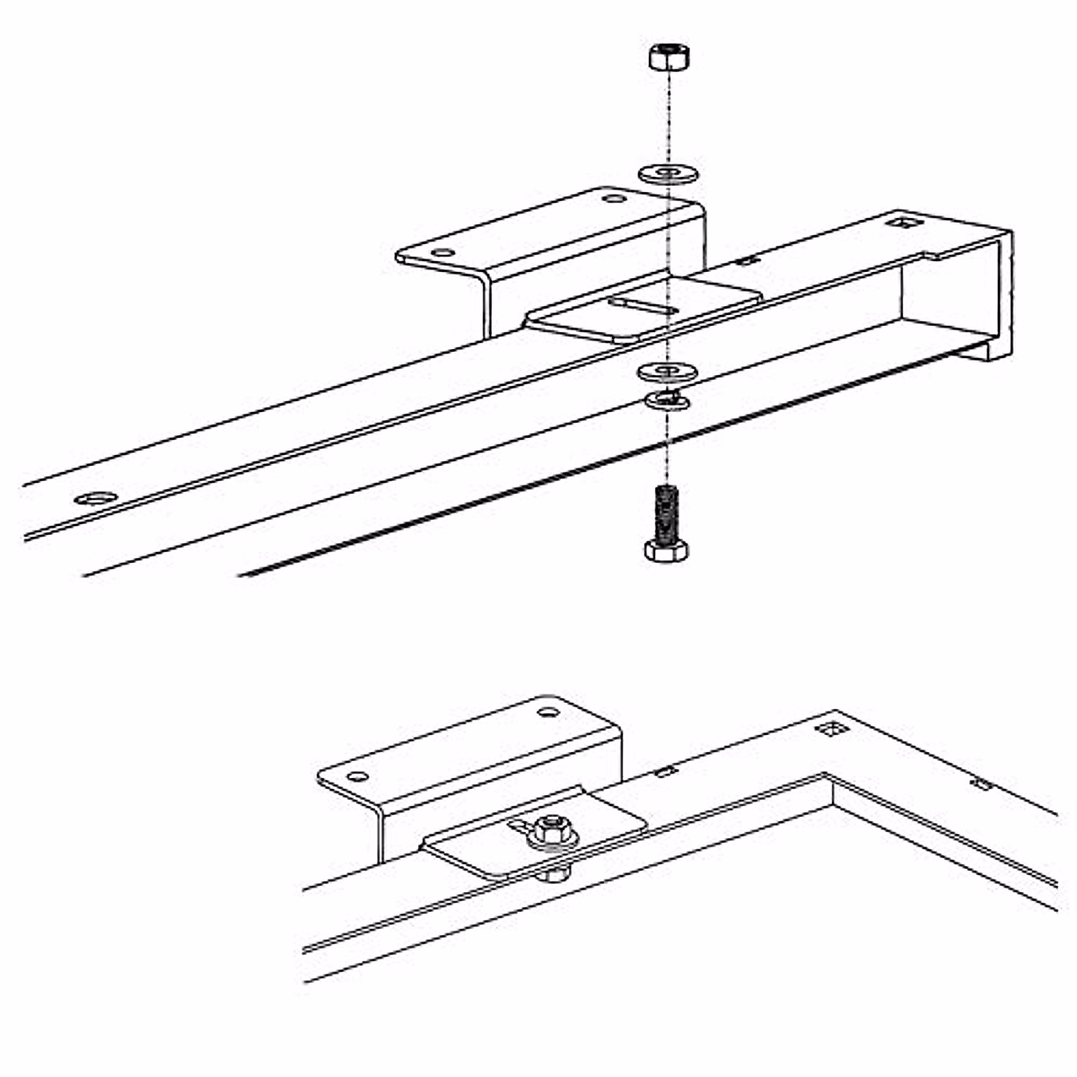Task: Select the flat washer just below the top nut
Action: click(668, 171)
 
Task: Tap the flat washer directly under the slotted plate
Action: click(667, 370)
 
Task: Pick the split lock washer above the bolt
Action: click(667, 399)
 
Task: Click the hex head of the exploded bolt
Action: click(666, 549)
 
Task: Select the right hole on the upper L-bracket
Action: click(613, 199)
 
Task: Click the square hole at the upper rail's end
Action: click(897, 219)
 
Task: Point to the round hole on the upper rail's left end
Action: click(96, 497)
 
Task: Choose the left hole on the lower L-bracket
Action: click(357, 775)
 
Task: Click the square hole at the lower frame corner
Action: click(830, 729)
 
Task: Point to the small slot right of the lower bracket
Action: click(664, 771)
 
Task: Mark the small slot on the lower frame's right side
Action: click(982, 784)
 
